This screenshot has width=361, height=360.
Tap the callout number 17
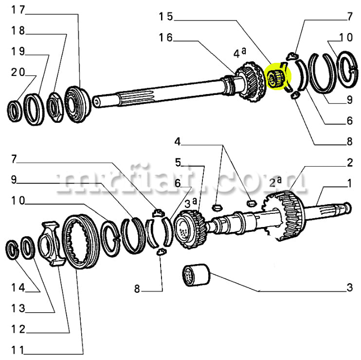click(18, 10)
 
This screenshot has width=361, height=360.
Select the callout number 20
click(18, 72)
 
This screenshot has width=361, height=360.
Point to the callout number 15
click(165, 17)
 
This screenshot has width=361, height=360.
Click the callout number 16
click(165, 38)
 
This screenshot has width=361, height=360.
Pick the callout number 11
click(18, 350)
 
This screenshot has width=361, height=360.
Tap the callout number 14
click(18, 287)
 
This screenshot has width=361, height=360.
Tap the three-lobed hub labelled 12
click(52, 244)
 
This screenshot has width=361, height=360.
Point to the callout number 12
click(18, 329)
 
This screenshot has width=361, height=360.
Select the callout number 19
click(18, 51)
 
